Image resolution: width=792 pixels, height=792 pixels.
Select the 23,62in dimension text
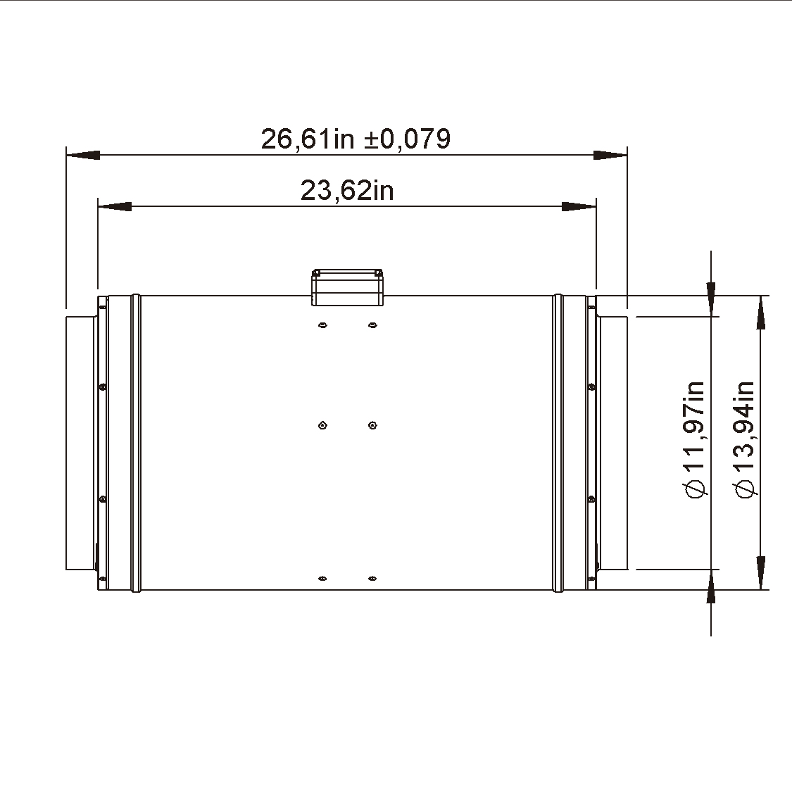click(x=347, y=191)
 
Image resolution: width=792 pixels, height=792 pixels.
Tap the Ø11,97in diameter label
click(x=695, y=439)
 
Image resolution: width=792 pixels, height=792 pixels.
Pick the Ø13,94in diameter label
click(x=744, y=439)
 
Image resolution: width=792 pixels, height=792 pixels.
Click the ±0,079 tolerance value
click(x=407, y=139)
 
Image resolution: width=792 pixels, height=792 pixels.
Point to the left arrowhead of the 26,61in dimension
click(x=83, y=155)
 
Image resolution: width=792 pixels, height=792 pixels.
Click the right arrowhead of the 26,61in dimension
click(x=610, y=155)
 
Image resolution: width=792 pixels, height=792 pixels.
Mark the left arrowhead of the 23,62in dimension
click(x=115, y=206)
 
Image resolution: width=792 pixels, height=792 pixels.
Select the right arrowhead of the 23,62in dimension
click(x=579, y=206)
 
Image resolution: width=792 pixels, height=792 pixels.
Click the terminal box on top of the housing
click(x=348, y=287)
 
